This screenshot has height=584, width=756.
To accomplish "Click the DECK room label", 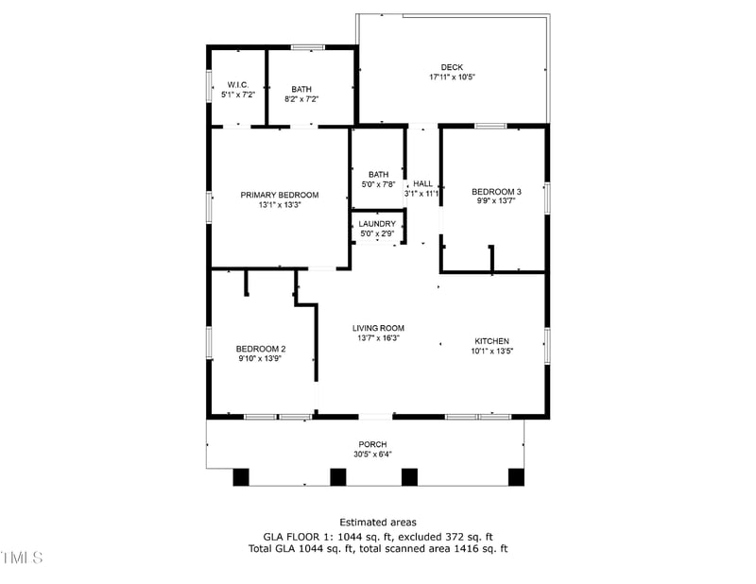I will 451,67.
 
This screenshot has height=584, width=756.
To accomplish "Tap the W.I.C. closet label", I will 237,85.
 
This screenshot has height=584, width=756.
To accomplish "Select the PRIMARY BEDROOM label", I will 279,195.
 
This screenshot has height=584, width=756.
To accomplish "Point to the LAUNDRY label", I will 377,224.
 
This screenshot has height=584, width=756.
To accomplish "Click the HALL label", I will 422,184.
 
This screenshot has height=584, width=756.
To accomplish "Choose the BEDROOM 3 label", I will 496,192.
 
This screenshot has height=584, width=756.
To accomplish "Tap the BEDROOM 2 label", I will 261,349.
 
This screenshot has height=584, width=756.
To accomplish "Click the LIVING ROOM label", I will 378,328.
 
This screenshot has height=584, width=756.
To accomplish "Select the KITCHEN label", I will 491,341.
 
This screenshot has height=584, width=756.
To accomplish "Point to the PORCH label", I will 372,444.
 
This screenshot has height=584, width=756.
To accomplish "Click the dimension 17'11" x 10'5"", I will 451,77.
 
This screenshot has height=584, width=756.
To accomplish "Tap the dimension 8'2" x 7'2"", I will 301,98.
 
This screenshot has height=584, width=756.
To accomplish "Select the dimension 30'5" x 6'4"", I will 372,454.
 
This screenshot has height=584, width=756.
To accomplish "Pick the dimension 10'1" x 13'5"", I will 491,352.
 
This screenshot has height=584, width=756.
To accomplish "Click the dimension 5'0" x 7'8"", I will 378,184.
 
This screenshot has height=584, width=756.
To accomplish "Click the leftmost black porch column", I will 241,477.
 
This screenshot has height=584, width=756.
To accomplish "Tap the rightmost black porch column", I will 516,477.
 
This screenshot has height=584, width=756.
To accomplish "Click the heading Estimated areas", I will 377,522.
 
